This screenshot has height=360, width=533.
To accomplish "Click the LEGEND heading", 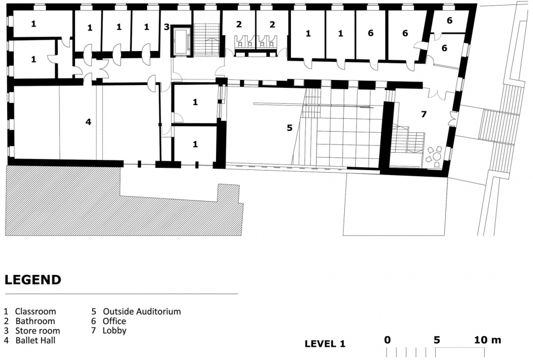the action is click(x=33, y=279).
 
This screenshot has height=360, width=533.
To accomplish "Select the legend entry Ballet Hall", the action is click(x=30, y=340).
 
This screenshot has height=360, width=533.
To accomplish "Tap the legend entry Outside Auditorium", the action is click(x=137, y=311).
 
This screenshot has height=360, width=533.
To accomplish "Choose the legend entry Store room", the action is click(x=32, y=331).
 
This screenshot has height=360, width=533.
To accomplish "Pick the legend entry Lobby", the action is click(x=109, y=331).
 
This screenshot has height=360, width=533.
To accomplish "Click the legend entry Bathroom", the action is click(x=29, y=321).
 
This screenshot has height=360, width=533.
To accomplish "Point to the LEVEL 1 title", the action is click(x=325, y=344).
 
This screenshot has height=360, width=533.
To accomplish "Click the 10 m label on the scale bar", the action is click(x=488, y=339).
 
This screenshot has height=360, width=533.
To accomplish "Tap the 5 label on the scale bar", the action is click(x=436, y=339).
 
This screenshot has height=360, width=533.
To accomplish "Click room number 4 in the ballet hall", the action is click(x=88, y=122).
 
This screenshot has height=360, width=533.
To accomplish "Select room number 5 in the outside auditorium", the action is click(x=289, y=128).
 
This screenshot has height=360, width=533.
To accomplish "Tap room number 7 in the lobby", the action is click(x=424, y=114).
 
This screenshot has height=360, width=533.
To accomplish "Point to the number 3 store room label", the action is click(x=167, y=27).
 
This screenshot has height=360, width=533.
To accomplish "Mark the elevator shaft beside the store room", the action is click(x=181, y=41).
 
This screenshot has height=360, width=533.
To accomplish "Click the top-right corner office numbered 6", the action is click(x=449, y=21).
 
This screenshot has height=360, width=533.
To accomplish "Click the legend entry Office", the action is click(x=109, y=321).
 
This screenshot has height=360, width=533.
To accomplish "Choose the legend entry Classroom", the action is click(x=30, y=311).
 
